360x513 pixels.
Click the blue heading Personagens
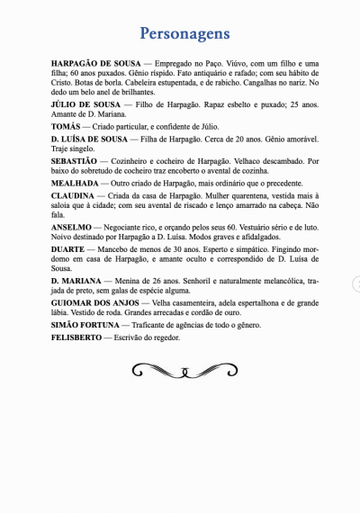(x=184, y=34)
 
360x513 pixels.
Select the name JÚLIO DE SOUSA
(x=82, y=105)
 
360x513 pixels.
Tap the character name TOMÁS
(x=67, y=128)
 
